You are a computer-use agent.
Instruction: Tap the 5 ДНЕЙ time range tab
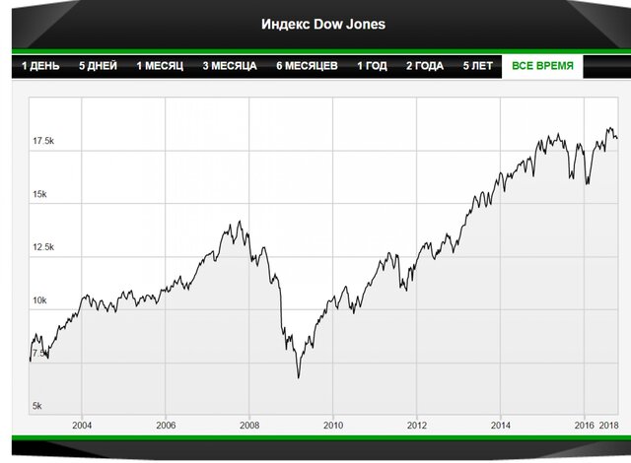tap(99, 66)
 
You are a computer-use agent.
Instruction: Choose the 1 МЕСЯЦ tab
tap(160, 66)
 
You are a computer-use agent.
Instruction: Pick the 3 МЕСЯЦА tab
tap(230, 66)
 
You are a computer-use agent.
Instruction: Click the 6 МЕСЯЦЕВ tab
tap(307, 66)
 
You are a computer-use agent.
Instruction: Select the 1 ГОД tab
tap(372, 66)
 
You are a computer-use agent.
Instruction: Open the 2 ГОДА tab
tap(425, 66)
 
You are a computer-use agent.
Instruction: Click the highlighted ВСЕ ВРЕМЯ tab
tap(542, 66)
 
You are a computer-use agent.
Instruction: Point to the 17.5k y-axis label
tap(43, 142)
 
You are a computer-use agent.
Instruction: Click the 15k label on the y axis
tap(39, 194)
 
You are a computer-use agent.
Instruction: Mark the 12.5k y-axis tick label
tap(43, 247)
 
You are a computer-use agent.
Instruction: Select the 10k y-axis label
tap(39, 300)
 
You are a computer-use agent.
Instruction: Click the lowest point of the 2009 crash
tap(299, 377)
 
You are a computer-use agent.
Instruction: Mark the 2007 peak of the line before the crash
tap(238, 222)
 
